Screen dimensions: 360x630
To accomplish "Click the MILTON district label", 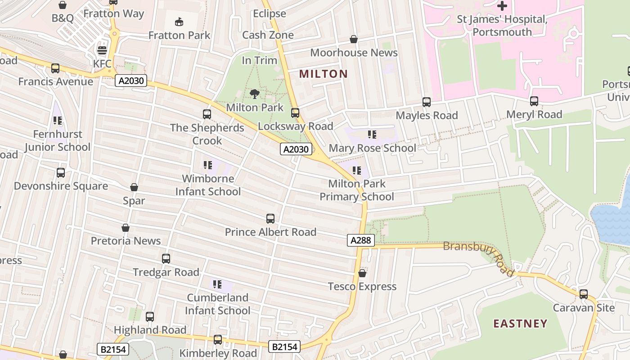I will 324,74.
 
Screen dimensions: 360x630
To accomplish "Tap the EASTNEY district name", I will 520,324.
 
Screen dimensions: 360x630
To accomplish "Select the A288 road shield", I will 361,240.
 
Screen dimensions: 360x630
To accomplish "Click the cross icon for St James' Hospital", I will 502,6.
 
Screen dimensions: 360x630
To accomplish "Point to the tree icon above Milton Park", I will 255,94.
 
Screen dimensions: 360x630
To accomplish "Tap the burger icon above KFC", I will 103,50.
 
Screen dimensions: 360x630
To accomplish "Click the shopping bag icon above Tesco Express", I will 362,273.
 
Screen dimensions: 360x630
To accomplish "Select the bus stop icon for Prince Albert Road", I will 270,219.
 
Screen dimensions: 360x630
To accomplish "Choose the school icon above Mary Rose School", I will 372,135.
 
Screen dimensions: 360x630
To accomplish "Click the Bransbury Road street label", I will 479,257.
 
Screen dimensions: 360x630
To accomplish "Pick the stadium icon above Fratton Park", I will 179,22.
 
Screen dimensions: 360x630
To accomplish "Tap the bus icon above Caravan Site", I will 584,294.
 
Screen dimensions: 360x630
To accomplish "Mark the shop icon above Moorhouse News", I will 354,40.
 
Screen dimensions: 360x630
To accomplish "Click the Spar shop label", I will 134,201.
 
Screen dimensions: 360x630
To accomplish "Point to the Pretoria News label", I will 126,241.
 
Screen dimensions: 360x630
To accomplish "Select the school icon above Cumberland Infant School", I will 217,284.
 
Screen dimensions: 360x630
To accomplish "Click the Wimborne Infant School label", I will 208,185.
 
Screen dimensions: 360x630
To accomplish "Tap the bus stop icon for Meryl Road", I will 534,101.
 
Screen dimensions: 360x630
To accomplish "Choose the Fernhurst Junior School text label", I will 58,140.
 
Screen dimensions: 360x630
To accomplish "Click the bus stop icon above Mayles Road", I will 427,102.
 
